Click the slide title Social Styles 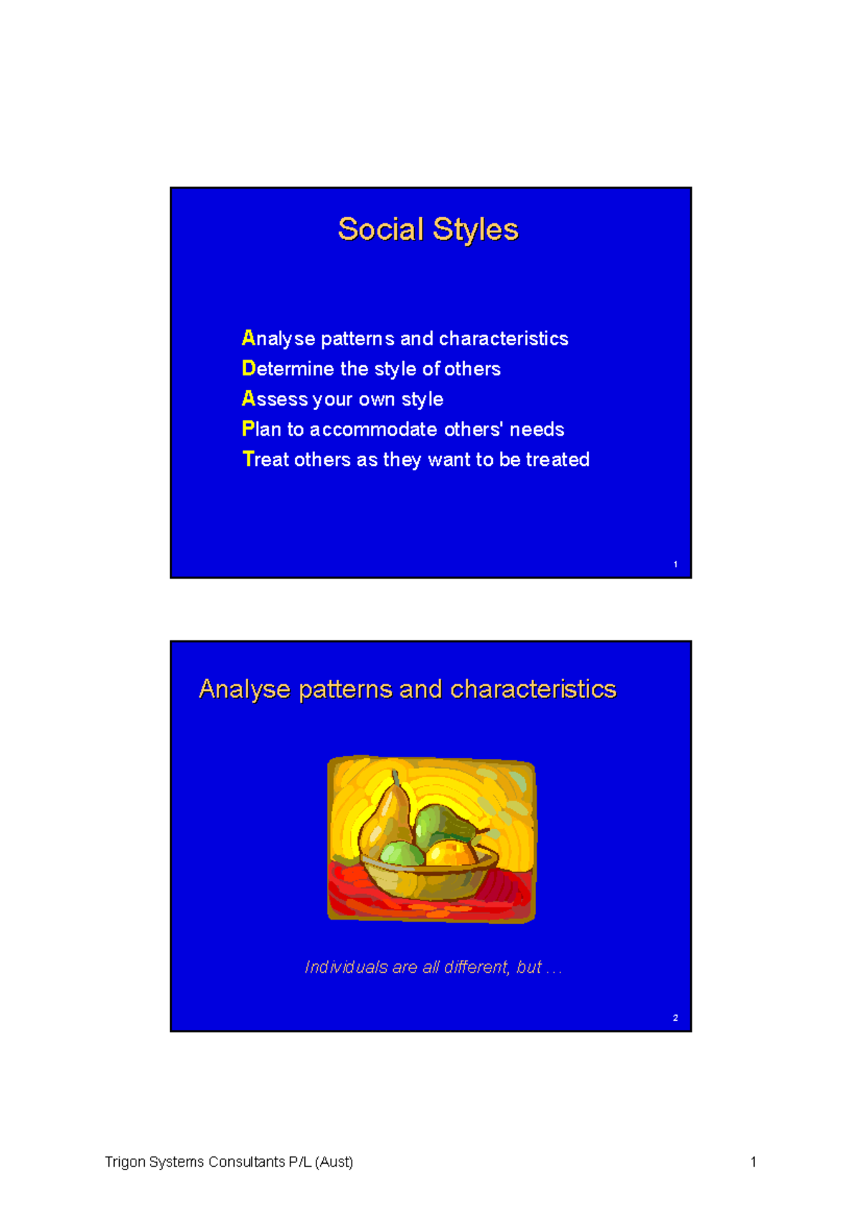(428, 230)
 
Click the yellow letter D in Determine (248, 368)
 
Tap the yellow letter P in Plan (248, 429)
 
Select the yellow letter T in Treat (248, 459)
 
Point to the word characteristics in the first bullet (503, 338)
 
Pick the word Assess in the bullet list (275, 398)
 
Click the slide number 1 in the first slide (675, 564)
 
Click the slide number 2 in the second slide (675, 1018)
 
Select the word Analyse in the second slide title (245, 689)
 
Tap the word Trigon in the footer (125, 1162)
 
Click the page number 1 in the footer (753, 1162)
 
